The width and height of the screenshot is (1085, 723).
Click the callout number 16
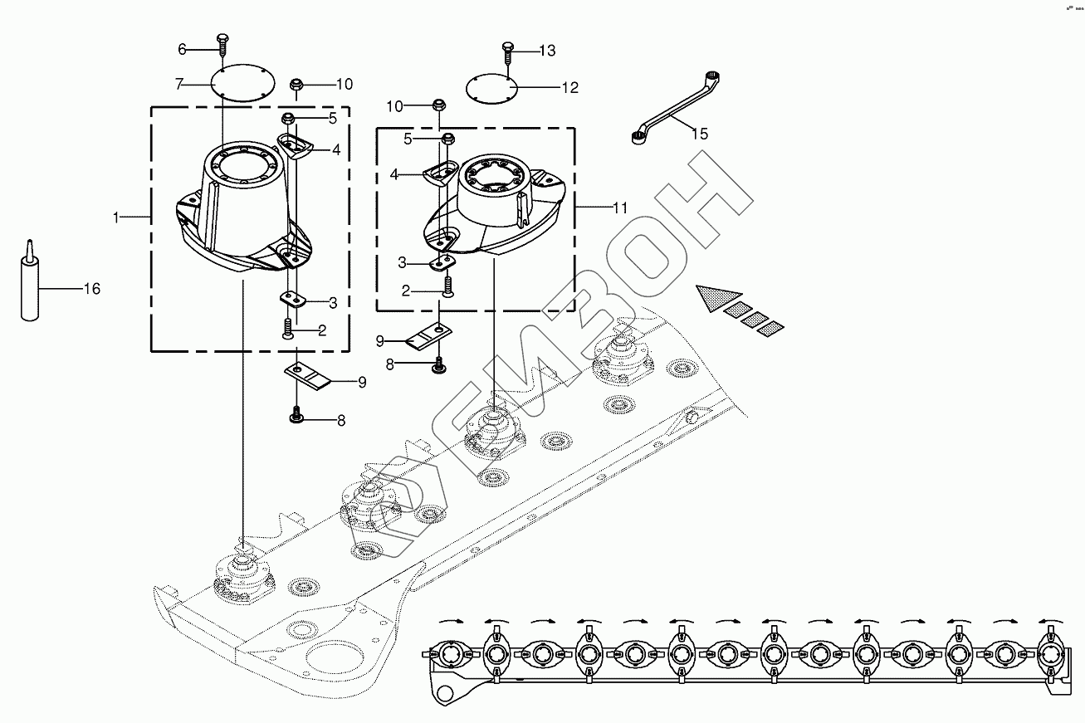click(91, 289)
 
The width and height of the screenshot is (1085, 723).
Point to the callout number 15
click(700, 134)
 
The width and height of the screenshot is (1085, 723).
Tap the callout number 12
click(569, 87)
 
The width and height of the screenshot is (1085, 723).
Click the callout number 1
click(117, 217)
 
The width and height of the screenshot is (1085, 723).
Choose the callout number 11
click(620, 208)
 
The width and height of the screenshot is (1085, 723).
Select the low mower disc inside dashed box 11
click(496, 208)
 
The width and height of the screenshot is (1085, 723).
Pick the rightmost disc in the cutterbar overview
click(1049, 655)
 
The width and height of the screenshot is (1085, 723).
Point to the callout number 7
click(178, 84)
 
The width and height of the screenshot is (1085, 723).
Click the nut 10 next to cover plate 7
click(296, 84)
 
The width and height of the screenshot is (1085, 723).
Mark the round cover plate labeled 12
click(491, 87)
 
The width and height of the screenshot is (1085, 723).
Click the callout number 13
click(546, 51)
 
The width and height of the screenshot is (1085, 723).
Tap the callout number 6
click(182, 49)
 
